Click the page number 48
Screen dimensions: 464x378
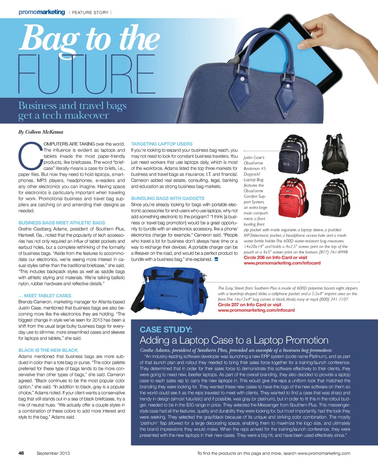click(x=22, y=453)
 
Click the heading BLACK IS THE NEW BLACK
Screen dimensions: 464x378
click(x=48, y=350)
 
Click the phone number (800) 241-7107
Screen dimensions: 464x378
click(x=335, y=299)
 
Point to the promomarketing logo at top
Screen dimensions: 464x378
click(x=41, y=12)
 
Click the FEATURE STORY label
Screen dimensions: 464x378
click(x=90, y=13)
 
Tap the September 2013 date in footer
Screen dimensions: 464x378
click(x=53, y=453)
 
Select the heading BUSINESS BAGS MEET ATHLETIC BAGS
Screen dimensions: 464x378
click(x=62, y=223)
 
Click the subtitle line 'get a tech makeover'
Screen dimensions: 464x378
click(x=63, y=116)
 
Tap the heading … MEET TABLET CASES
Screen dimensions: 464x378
click(x=45, y=296)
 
